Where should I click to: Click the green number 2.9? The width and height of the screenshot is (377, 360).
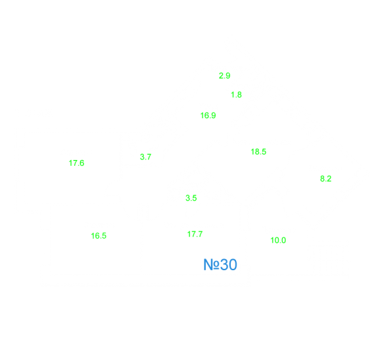point(225,76)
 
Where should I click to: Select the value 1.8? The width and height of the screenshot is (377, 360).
point(236,94)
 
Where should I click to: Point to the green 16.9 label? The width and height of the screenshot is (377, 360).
point(208,115)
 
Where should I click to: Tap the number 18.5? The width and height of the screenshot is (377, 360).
point(258,151)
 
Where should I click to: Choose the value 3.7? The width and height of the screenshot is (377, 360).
point(146,157)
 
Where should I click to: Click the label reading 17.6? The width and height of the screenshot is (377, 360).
point(77,163)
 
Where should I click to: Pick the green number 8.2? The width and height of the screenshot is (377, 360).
point(326,178)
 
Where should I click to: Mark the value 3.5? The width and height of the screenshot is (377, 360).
point(191,198)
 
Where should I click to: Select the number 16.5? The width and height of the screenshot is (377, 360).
point(98,235)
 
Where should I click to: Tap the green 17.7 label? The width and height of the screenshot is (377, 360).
point(195,234)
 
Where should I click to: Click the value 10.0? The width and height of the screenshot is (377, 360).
point(278,240)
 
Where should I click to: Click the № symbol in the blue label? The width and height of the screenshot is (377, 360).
point(211,265)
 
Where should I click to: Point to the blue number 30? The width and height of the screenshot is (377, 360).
point(228,265)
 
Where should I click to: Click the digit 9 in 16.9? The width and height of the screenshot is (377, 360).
point(214,115)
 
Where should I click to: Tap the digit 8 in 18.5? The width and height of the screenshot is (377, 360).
point(256,151)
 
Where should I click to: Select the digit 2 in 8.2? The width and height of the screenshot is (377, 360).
point(329,178)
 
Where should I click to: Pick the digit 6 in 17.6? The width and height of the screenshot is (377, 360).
point(82,163)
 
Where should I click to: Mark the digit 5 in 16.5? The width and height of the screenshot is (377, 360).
point(104,235)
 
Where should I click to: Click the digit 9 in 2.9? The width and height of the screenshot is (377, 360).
point(228,76)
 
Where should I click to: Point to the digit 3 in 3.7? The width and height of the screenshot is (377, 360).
point(142,157)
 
